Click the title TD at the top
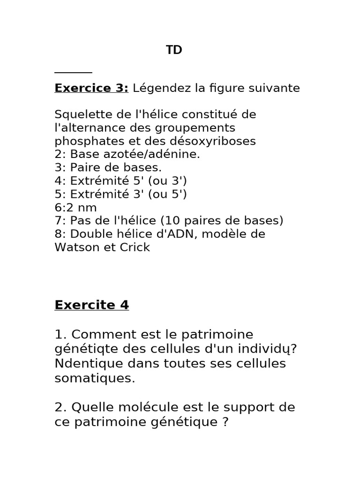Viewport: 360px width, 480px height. (x=174, y=50)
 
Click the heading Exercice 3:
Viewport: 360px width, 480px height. (x=91, y=88)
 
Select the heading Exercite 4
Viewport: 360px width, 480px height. (x=91, y=305)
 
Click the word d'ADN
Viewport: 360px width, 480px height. (x=178, y=234)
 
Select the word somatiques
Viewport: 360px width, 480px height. (x=95, y=378)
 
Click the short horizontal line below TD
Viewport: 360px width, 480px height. (x=73, y=73)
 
